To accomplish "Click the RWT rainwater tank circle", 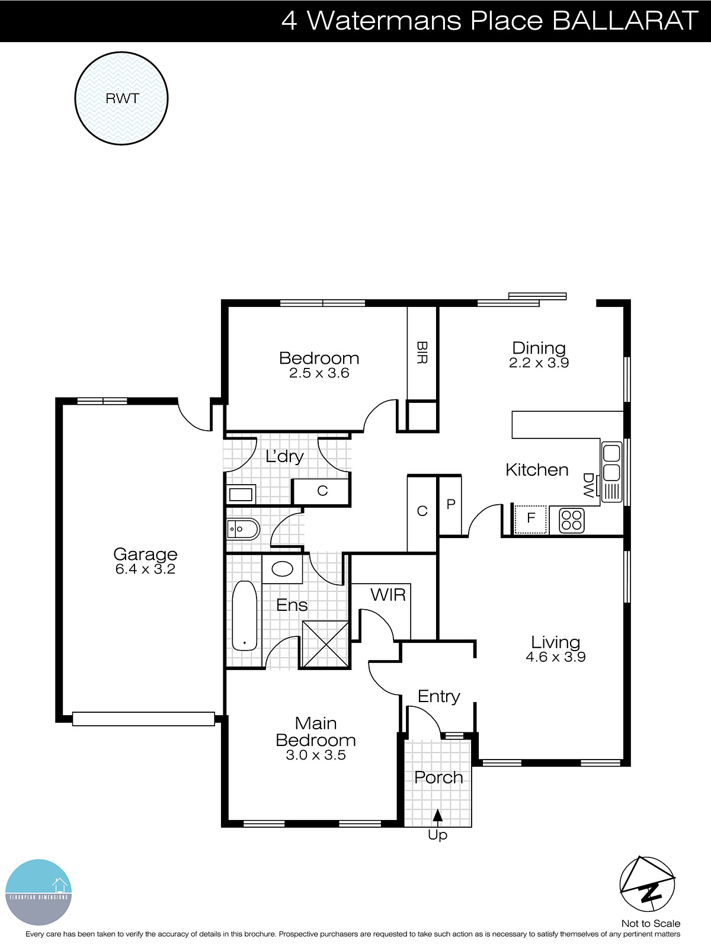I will tap(121, 98).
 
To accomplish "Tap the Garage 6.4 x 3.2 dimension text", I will tap(145, 569).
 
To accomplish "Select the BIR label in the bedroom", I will tap(422, 353).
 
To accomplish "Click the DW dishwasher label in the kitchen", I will tap(588, 485).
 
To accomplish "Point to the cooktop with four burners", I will tap(572, 520).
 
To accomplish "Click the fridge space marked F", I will tap(530, 519).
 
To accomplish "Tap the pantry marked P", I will tap(450, 505).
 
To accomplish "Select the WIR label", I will tap(388, 595).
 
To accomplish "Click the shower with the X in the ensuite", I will tap(325, 644).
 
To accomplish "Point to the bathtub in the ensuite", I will tap(244, 616).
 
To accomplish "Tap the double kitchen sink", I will tap(611, 462).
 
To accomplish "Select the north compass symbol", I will tap(647, 885).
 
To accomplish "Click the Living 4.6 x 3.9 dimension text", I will tap(555, 657).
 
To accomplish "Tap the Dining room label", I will tap(539, 348).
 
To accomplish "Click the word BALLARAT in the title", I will tap(625, 21).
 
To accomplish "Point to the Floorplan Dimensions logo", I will tap(39, 892).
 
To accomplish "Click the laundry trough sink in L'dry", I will tap(241, 494).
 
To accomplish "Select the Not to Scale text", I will tap(651, 923).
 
